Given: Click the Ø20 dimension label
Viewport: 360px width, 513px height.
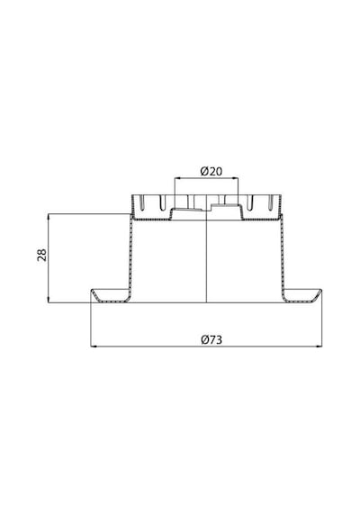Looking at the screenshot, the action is (211, 171).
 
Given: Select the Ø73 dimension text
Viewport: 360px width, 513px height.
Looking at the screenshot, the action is (211, 340).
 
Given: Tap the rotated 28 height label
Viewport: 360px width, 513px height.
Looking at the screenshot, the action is (42, 255).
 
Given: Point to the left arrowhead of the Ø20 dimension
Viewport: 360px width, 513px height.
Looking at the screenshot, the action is (176, 178).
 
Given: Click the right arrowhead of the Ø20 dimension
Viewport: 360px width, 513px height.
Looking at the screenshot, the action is (237, 178).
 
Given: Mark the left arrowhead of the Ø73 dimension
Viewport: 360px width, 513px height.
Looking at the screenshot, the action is (93, 346).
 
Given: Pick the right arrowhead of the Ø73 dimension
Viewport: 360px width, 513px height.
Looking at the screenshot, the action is (319, 346).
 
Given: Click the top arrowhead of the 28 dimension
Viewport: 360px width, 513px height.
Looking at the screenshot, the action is (48, 216).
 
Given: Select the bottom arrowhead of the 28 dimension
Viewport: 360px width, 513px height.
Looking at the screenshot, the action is (48, 301).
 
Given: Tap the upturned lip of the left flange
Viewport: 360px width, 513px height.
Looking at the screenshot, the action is (94, 295).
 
